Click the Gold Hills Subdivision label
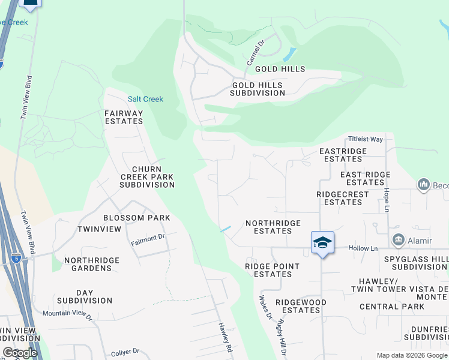(x=258, y=89)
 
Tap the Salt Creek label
(x=145, y=99)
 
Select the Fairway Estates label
(x=124, y=117)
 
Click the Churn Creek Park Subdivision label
(x=146, y=177)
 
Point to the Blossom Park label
(x=136, y=218)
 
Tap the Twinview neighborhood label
(x=99, y=230)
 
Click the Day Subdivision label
(x=85, y=296)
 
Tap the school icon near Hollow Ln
(x=322, y=242)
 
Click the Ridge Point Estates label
(x=268, y=270)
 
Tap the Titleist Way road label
(x=368, y=139)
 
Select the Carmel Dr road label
(x=255, y=53)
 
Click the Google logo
(x=19, y=353)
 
